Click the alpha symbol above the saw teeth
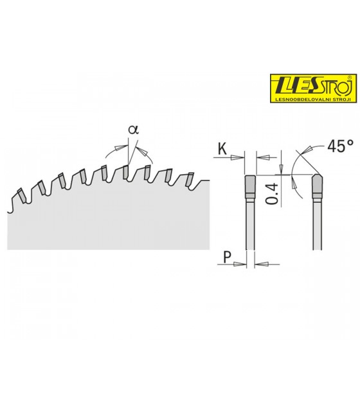(x=133, y=130)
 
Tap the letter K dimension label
(x=222, y=149)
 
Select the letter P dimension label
(x=227, y=257)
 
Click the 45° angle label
(x=340, y=146)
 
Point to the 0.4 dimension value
(x=271, y=194)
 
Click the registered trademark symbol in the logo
(x=349, y=77)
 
